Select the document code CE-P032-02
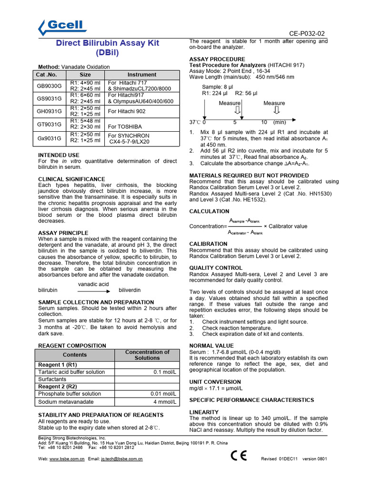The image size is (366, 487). pyautogui.click(x=307, y=33)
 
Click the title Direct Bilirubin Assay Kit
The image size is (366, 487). pyautogui.click(x=108, y=43)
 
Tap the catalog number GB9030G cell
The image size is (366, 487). pyautogui.click(x=50, y=86)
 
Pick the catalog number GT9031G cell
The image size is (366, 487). pyautogui.click(x=50, y=124)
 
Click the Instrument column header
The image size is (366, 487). pyautogui.click(x=142, y=75)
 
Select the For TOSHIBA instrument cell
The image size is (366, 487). pyautogui.click(x=125, y=127)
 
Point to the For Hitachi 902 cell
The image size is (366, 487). pyautogui.click(x=127, y=111)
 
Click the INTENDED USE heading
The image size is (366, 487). pyautogui.click(x=59, y=155)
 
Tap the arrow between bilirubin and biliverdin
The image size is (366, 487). pyautogui.click(x=94, y=290)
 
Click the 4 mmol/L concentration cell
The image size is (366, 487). pyautogui.click(x=164, y=401)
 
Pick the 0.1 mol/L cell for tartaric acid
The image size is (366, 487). pyautogui.click(x=165, y=372)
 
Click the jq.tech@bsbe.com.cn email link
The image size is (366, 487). pyautogui.click(x=122, y=459)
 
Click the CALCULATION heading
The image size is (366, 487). pyautogui.click(x=209, y=211)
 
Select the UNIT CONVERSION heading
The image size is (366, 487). pyautogui.click(x=215, y=381)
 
